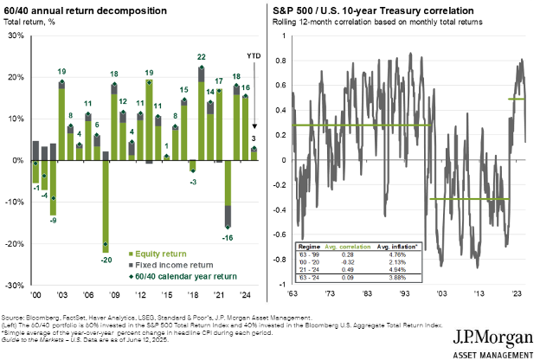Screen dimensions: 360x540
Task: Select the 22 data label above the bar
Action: click(202, 57)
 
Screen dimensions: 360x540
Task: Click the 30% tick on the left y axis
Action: click(14, 35)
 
